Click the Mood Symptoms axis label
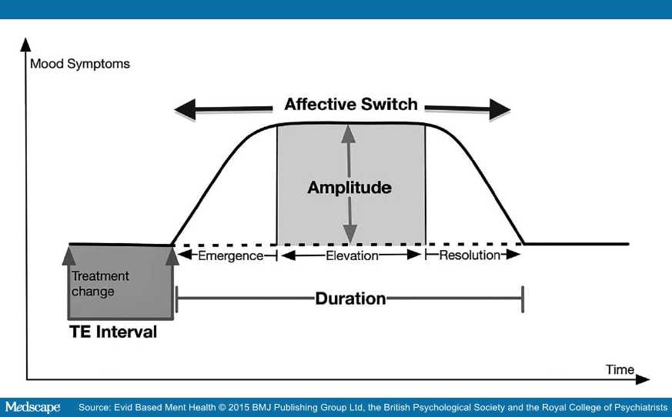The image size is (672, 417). tap(80, 64)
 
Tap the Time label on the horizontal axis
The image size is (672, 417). tap(620, 369)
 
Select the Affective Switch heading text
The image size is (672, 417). tap(350, 104)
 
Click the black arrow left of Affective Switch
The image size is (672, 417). tap(223, 109)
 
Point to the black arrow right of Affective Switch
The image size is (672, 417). tap(467, 109)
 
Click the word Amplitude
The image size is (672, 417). tap(349, 187)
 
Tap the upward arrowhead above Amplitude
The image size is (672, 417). tap(349, 134)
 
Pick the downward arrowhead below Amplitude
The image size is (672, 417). tap(349, 235)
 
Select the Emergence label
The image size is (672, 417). tap(231, 256)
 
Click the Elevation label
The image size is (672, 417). tap(352, 256)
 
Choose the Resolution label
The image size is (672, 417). tap(470, 255)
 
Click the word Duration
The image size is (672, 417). tap(350, 299)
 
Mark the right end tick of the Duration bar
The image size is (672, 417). tap(523, 299)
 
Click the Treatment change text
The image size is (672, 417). tap(100, 284)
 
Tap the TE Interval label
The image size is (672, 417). tap(112, 332)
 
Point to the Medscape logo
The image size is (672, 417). tap(32, 407)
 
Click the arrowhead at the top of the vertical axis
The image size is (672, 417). tap(25, 45)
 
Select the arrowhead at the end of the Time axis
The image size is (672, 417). tap(642, 379)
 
